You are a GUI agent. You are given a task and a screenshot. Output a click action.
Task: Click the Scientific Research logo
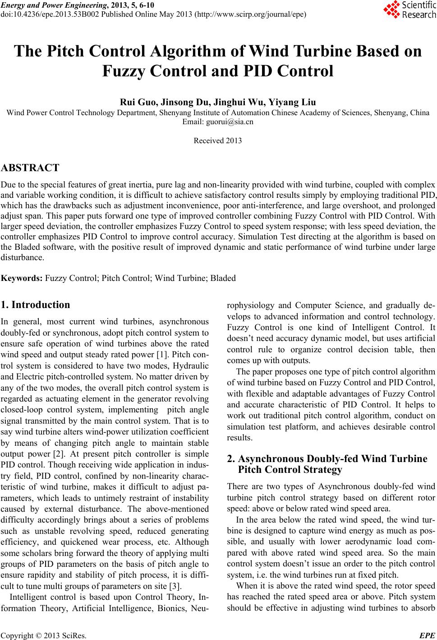point(409,9)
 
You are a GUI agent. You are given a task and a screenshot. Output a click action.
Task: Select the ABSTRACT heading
point(30,168)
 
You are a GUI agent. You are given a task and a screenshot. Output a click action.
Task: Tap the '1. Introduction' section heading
point(36,304)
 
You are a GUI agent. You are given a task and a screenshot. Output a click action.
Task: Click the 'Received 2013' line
point(218,140)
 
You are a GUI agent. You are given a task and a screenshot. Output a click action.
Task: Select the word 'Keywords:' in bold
point(22,278)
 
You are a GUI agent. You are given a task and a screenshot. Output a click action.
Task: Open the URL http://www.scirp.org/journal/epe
point(251,14)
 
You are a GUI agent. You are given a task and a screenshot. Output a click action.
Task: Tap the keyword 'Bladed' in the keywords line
point(224,278)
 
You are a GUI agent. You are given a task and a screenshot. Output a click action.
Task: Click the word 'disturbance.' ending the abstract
point(23,257)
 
